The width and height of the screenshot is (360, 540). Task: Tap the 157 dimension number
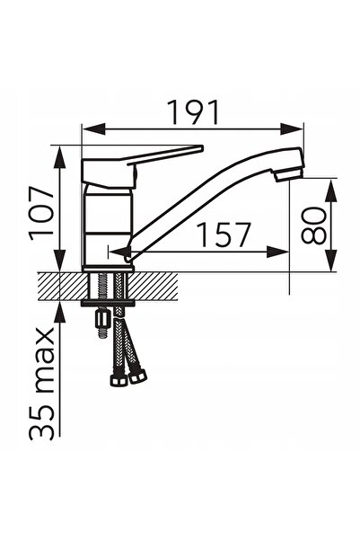tap(224, 235)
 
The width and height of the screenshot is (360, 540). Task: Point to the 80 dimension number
tap(313, 226)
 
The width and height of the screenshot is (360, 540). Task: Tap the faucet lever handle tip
tap(201, 149)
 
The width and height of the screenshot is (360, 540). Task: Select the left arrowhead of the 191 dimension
tap(94, 128)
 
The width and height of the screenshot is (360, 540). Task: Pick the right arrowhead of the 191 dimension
tap(292, 128)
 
